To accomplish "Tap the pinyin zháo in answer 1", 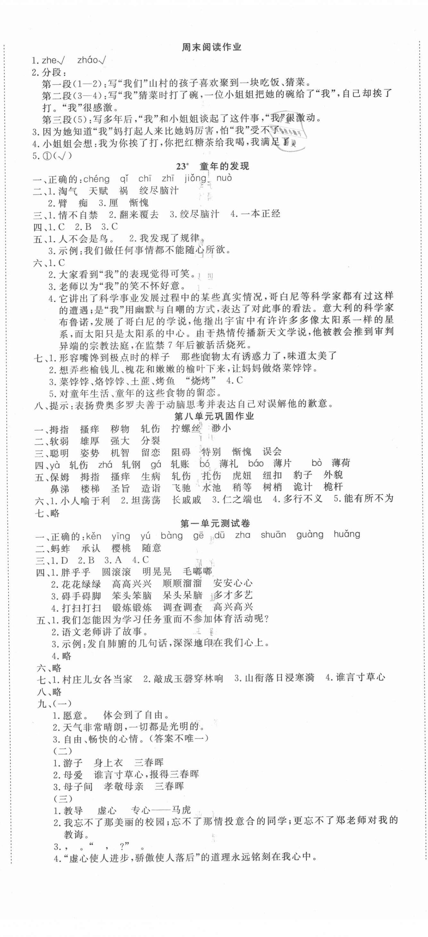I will click(88, 61).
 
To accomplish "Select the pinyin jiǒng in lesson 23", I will click(195, 179).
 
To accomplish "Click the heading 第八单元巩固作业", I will click(214, 416).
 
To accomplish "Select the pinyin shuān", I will click(273, 535).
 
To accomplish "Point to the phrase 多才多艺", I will click(233, 595).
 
